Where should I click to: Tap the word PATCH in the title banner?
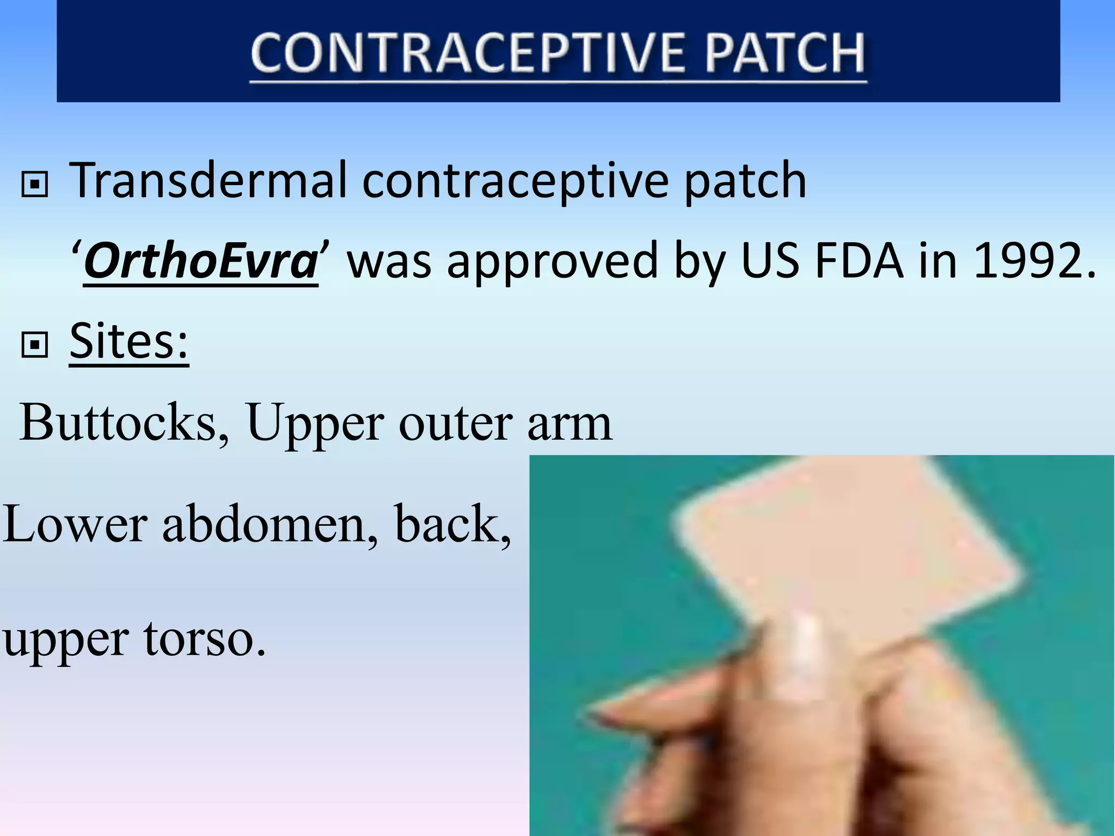click(x=784, y=53)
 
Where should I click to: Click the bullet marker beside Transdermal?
click(x=35, y=185)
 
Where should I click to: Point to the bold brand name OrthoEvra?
click(x=200, y=262)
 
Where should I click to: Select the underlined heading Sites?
click(x=129, y=341)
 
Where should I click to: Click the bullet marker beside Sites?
click(x=35, y=345)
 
